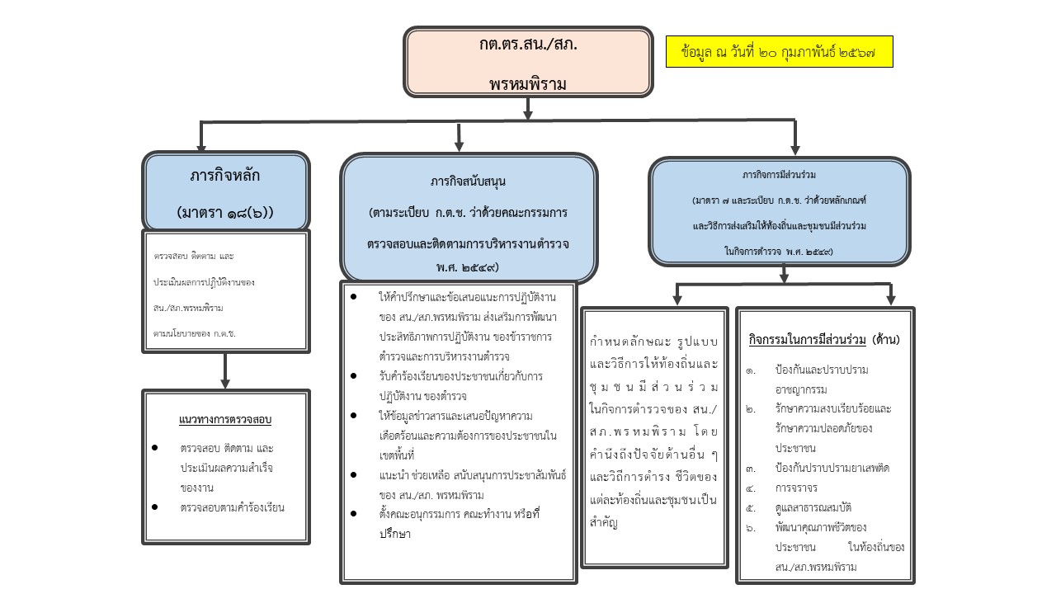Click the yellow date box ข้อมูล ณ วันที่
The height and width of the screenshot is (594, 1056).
(779, 52)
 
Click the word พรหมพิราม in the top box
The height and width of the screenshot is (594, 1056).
(528, 83)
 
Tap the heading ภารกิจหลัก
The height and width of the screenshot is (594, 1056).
(225, 177)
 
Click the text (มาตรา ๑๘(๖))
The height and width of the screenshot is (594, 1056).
(225, 213)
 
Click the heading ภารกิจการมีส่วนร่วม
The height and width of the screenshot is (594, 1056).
(779, 176)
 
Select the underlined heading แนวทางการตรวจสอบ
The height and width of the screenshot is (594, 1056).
(225, 419)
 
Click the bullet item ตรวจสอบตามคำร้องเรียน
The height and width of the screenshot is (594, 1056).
(232, 507)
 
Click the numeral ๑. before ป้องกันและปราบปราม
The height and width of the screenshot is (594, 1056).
(751, 370)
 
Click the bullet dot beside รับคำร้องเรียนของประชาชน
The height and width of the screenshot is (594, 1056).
(354, 376)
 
